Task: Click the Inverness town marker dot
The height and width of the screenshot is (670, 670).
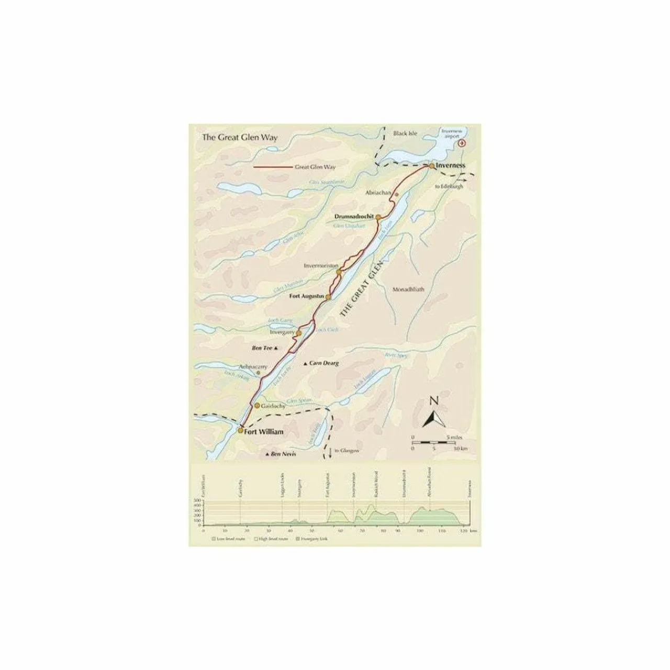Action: (431, 165)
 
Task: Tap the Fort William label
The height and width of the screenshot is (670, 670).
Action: (264, 432)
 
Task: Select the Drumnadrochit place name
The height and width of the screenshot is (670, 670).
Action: (354, 216)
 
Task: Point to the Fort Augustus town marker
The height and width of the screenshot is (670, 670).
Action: (329, 297)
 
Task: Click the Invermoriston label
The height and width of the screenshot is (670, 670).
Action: (321, 265)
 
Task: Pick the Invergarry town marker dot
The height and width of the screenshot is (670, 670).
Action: (299, 333)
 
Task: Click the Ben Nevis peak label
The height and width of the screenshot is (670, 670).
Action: (283, 454)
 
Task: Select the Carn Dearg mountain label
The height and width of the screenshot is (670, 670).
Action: (324, 363)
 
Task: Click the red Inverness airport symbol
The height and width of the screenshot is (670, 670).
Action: (461, 143)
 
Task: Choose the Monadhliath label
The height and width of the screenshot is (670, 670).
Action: (408, 289)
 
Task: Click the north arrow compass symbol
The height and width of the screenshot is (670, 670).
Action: (433, 417)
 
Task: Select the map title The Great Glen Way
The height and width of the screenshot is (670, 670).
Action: (240, 138)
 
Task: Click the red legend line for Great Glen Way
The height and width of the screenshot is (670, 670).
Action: (272, 167)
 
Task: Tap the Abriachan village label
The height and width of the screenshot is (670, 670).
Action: (379, 193)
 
